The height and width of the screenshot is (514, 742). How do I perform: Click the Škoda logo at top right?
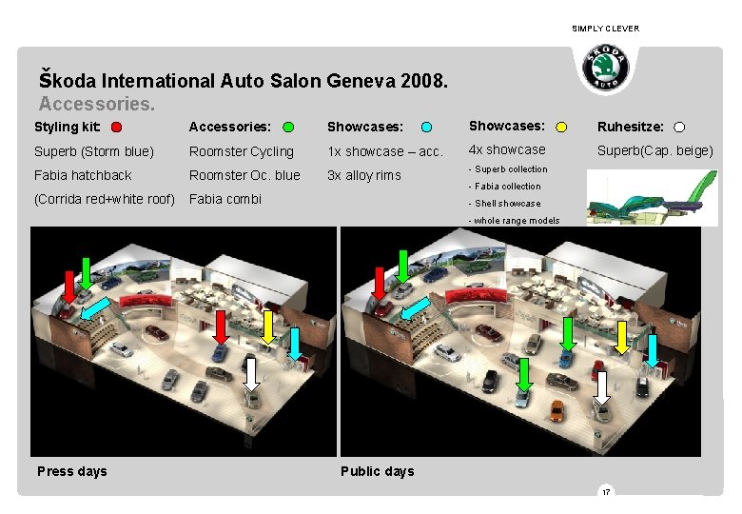point(606,69)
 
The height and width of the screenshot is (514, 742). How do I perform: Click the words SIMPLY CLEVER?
point(605,29)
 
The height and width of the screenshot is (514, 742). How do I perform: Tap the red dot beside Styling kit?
point(115,127)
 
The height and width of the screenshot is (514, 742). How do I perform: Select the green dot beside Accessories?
point(288,127)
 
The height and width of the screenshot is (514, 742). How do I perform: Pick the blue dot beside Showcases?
point(427,127)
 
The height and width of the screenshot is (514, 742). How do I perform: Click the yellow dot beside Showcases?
point(561,127)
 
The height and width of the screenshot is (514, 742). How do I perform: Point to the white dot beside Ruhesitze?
point(679,127)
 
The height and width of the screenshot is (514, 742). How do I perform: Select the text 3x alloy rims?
point(364,175)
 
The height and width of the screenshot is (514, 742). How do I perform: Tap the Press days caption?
point(72,471)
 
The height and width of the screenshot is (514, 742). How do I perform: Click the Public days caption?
point(378,471)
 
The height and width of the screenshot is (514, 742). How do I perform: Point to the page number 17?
point(605,492)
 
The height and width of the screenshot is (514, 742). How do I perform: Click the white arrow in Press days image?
point(252,372)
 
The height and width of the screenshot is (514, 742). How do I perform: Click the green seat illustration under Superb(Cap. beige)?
point(652,197)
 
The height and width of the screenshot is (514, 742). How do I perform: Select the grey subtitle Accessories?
point(96,101)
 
